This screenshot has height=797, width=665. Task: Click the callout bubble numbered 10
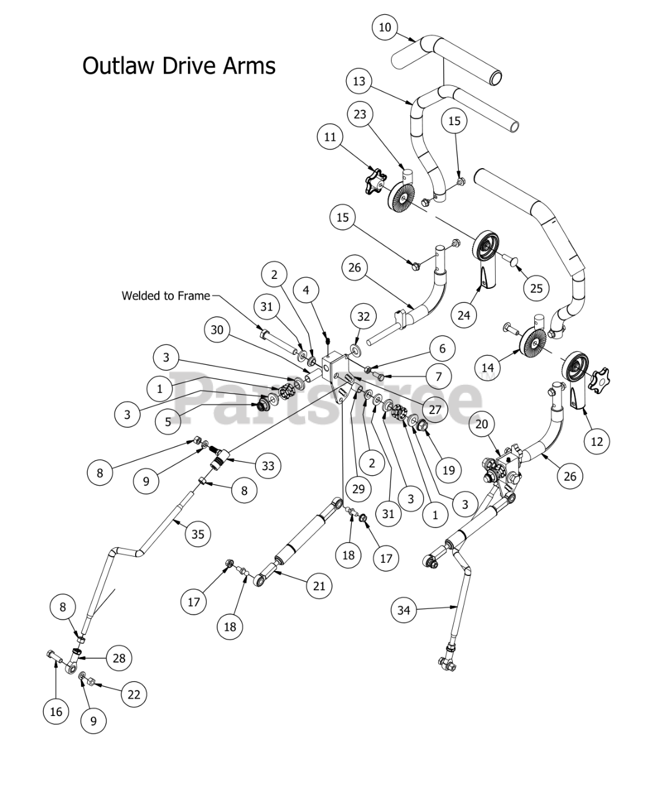click(385, 27)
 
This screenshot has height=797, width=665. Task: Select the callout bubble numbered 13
click(359, 82)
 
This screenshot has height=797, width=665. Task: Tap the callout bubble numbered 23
click(360, 115)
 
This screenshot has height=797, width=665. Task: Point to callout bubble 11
click(330, 137)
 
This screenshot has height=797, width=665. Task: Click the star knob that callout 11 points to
click(375, 181)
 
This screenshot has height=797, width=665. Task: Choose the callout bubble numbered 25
click(536, 288)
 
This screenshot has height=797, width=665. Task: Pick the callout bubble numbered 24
click(463, 315)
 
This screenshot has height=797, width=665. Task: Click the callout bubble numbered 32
click(364, 316)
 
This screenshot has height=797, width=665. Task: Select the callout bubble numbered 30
click(217, 330)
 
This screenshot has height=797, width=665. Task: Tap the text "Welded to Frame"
click(166, 296)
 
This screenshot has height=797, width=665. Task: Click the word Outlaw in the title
click(118, 65)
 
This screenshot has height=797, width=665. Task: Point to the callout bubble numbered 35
click(198, 534)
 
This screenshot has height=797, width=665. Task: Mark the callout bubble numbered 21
click(319, 586)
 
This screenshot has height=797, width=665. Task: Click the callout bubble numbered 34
click(404, 610)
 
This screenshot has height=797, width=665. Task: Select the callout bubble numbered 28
click(118, 658)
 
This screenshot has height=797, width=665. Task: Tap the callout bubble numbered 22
click(134, 694)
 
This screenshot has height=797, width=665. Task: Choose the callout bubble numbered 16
click(56, 711)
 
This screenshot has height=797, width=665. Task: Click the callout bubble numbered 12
click(597, 441)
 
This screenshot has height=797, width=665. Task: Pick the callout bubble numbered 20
click(481, 424)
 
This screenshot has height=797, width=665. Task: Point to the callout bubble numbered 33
click(268, 466)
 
